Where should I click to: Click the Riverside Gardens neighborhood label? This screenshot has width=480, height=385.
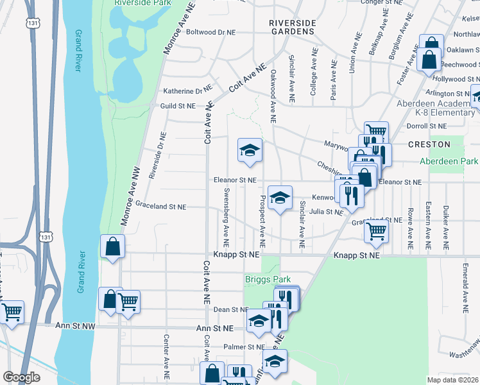292,27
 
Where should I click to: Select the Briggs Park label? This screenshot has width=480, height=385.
268,279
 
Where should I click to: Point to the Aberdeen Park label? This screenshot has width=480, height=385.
449,161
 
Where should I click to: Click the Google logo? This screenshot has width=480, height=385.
21,377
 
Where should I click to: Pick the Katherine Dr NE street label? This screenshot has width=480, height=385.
187,91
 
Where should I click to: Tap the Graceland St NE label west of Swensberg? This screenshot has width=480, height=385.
160,207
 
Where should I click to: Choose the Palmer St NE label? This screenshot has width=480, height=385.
239,347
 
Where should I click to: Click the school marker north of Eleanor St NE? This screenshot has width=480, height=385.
250,150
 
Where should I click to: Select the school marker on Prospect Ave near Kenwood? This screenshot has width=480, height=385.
280,198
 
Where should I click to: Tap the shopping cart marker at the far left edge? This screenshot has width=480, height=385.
11,312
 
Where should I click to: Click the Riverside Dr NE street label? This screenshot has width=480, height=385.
157,156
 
